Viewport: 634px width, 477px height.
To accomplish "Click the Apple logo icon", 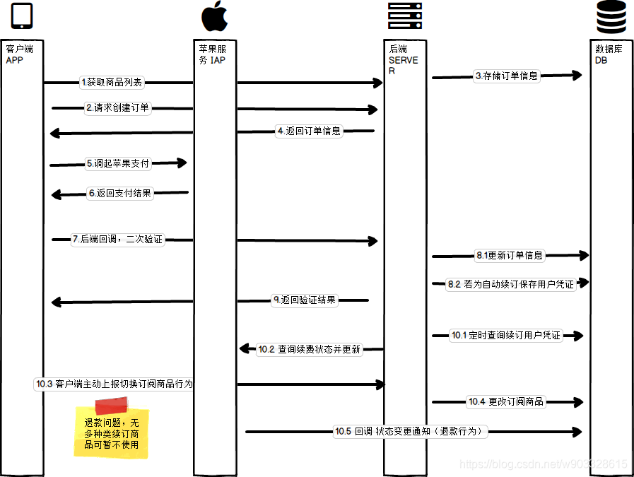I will coord(215,17).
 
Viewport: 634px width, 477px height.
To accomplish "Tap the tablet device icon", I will coord(22,17).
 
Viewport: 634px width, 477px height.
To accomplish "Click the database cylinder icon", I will coord(611,18).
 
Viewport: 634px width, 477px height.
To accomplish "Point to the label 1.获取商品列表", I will coord(112,83).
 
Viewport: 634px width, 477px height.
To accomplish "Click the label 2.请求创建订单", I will coord(117,108).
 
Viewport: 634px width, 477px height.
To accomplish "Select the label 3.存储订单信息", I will coord(506,76).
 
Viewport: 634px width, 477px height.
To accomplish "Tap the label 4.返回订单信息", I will coord(309,131).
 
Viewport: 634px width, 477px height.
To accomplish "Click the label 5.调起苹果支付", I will coord(117,163).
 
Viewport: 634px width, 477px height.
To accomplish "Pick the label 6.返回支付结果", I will coord(119,193).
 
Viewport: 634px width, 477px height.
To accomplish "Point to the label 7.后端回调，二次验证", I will coord(117,240).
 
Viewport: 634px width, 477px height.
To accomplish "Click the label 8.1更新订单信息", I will coord(509,256).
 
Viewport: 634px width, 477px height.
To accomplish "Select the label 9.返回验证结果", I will coord(305,300).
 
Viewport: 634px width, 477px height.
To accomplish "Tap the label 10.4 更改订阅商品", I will coord(506,402).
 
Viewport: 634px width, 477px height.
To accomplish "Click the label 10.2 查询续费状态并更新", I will coord(309,349).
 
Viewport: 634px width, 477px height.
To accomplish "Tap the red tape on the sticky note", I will coord(111,405).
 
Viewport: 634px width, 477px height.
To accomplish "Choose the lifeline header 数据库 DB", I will coord(609,54).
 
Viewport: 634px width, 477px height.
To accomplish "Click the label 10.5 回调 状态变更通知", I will coord(411,431).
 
